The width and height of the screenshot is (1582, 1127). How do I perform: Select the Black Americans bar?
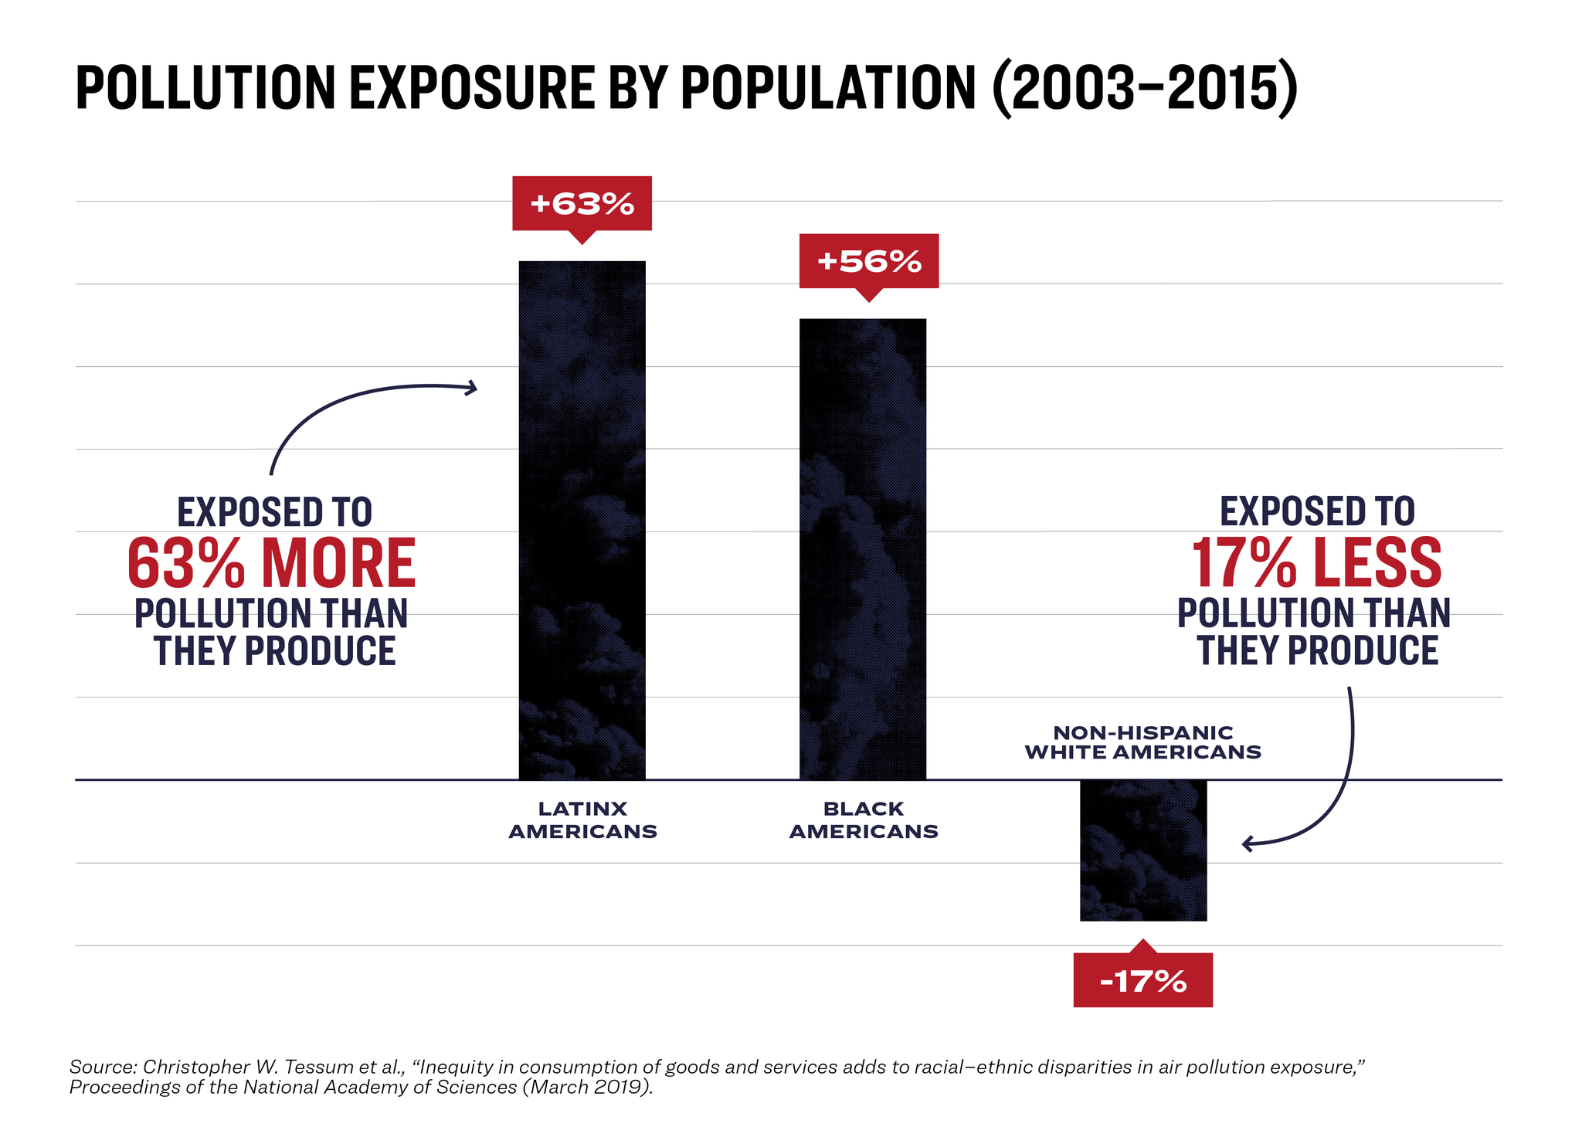point(862,548)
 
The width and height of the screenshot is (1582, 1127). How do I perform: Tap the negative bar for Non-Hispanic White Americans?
point(1142,850)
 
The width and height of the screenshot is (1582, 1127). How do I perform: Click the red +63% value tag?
point(582,203)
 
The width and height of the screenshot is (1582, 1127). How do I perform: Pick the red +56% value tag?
point(868,261)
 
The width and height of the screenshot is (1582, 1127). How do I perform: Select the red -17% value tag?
point(1142,981)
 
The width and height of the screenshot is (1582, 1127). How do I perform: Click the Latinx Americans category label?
point(582,820)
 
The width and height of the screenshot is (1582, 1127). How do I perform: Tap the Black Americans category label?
point(863,820)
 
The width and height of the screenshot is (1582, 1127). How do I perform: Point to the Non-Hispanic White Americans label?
point(1142,742)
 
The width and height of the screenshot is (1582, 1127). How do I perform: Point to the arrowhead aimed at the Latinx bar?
point(472,388)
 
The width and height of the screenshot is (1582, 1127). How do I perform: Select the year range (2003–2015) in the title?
point(1143,88)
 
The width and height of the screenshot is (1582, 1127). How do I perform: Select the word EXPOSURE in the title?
point(472,88)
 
